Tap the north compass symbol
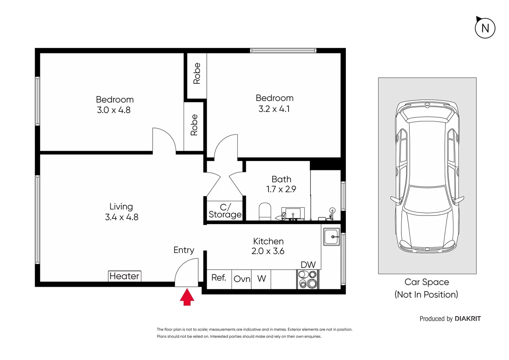pyautogui.click(x=485, y=28)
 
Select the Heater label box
pyautogui.click(x=125, y=276)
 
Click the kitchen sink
pyautogui.click(x=331, y=237)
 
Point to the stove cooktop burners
pyautogui.click(x=307, y=279)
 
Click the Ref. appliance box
pyautogui.click(x=219, y=278)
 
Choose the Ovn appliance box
pyautogui.click(x=242, y=279)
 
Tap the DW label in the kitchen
pyautogui.click(x=308, y=265)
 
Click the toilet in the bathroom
pyautogui.click(x=265, y=212)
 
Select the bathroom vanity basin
pyautogui.click(x=293, y=213)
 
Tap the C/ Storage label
pyautogui.click(x=225, y=211)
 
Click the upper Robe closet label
pyautogui.click(x=197, y=73)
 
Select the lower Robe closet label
pyautogui.click(x=194, y=125)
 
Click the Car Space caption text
pyautogui.click(x=426, y=282)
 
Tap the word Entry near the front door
pyautogui.click(x=184, y=250)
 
